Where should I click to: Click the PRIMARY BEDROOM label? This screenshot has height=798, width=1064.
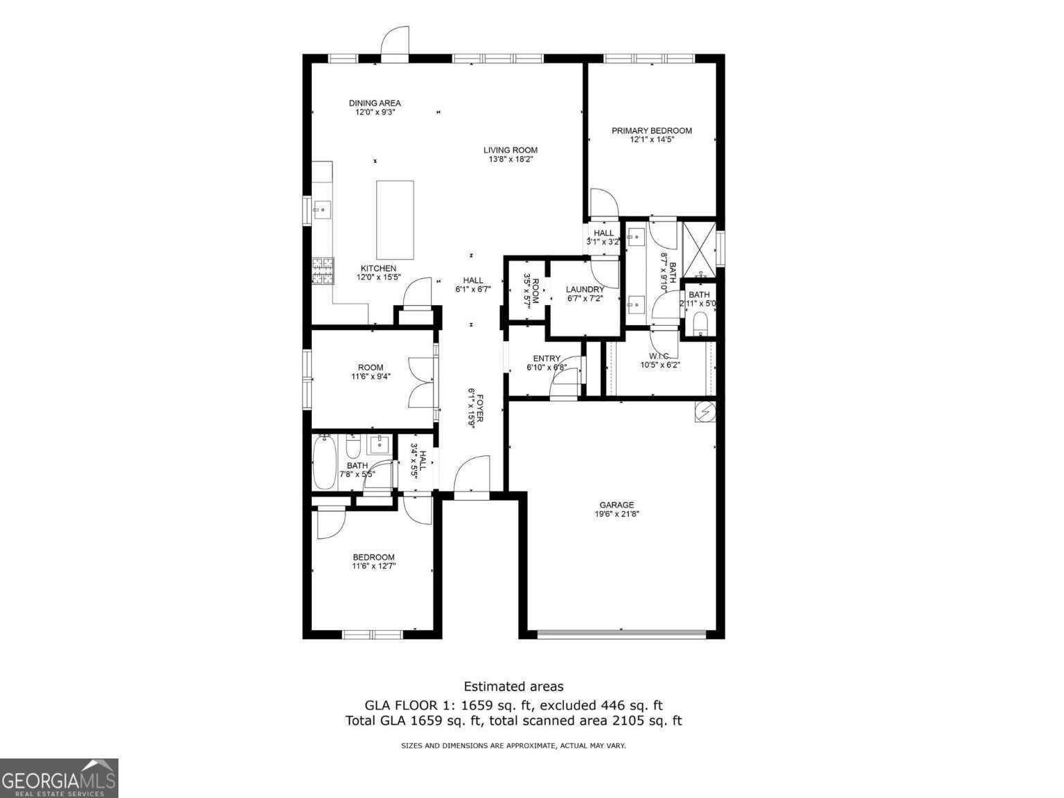651,130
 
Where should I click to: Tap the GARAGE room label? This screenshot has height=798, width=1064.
617,505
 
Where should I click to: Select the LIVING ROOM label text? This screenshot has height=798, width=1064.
510,150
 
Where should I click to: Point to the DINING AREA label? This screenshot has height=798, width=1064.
375,103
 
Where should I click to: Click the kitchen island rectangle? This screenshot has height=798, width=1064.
395,220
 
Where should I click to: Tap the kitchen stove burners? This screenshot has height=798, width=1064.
323,271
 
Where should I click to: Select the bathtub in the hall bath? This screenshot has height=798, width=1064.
324,462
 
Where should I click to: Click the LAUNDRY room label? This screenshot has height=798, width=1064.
585,289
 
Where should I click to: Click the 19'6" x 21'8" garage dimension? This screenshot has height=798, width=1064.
617,514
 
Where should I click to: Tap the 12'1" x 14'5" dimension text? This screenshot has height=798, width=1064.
651,139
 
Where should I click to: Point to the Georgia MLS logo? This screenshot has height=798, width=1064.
59,778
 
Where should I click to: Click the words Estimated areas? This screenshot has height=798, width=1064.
513,686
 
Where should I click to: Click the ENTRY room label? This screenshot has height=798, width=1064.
547,358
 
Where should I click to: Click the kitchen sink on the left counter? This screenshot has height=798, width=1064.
321,209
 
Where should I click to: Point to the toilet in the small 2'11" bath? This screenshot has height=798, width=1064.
700,323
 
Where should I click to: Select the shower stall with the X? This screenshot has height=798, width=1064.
699,247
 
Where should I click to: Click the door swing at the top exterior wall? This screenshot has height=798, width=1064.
396,40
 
